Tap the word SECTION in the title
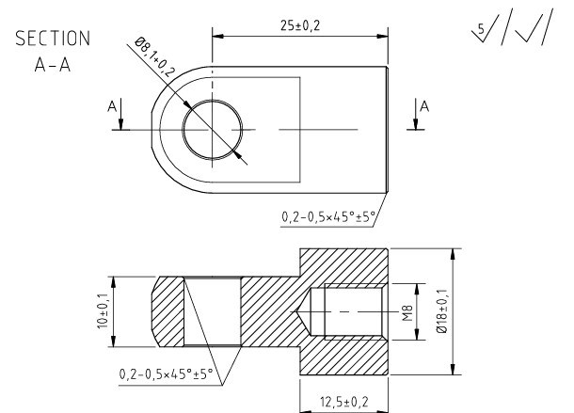52,40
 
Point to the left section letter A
113,108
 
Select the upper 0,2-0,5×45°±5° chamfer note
328,217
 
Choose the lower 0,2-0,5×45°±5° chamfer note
167,374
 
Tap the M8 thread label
407,310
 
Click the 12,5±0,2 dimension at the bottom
343,401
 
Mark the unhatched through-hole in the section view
212,310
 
